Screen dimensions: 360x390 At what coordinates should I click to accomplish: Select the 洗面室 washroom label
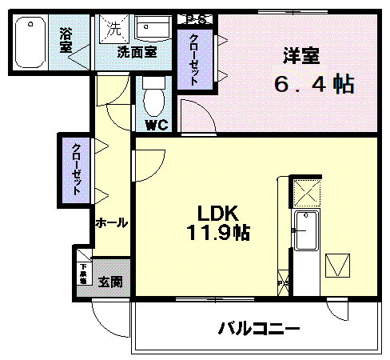(137, 53)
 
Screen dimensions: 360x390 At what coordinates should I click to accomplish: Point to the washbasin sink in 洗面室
(151, 30)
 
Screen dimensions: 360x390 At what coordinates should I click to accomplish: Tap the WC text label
(155, 125)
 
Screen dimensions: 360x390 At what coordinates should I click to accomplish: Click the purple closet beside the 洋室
(194, 59)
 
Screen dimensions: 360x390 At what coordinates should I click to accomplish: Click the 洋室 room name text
(301, 56)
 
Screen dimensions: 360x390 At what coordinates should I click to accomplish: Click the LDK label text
(216, 214)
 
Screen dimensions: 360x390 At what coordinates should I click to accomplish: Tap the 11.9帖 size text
(217, 234)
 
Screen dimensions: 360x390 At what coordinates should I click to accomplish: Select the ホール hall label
(111, 223)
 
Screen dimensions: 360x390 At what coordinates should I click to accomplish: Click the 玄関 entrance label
(110, 282)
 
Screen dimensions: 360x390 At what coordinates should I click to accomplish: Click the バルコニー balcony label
(259, 328)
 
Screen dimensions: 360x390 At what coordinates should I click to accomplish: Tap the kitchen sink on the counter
(305, 232)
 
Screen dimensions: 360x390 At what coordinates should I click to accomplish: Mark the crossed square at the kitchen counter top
(305, 192)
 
